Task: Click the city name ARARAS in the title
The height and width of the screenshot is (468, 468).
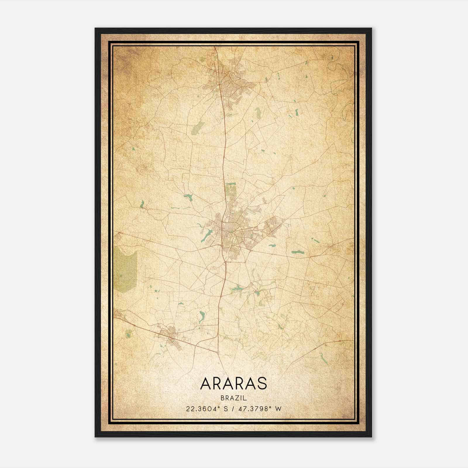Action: tap(234, 383)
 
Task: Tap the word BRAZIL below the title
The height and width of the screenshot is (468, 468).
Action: tap(234, 398)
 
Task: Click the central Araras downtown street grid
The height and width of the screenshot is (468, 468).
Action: tap(230, 231)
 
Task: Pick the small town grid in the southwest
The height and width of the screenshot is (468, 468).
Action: tap(170, 335)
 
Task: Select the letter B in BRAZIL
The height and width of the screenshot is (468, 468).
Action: tap(222, 398)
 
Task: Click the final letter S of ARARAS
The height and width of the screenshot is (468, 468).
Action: tap(262, 383)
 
